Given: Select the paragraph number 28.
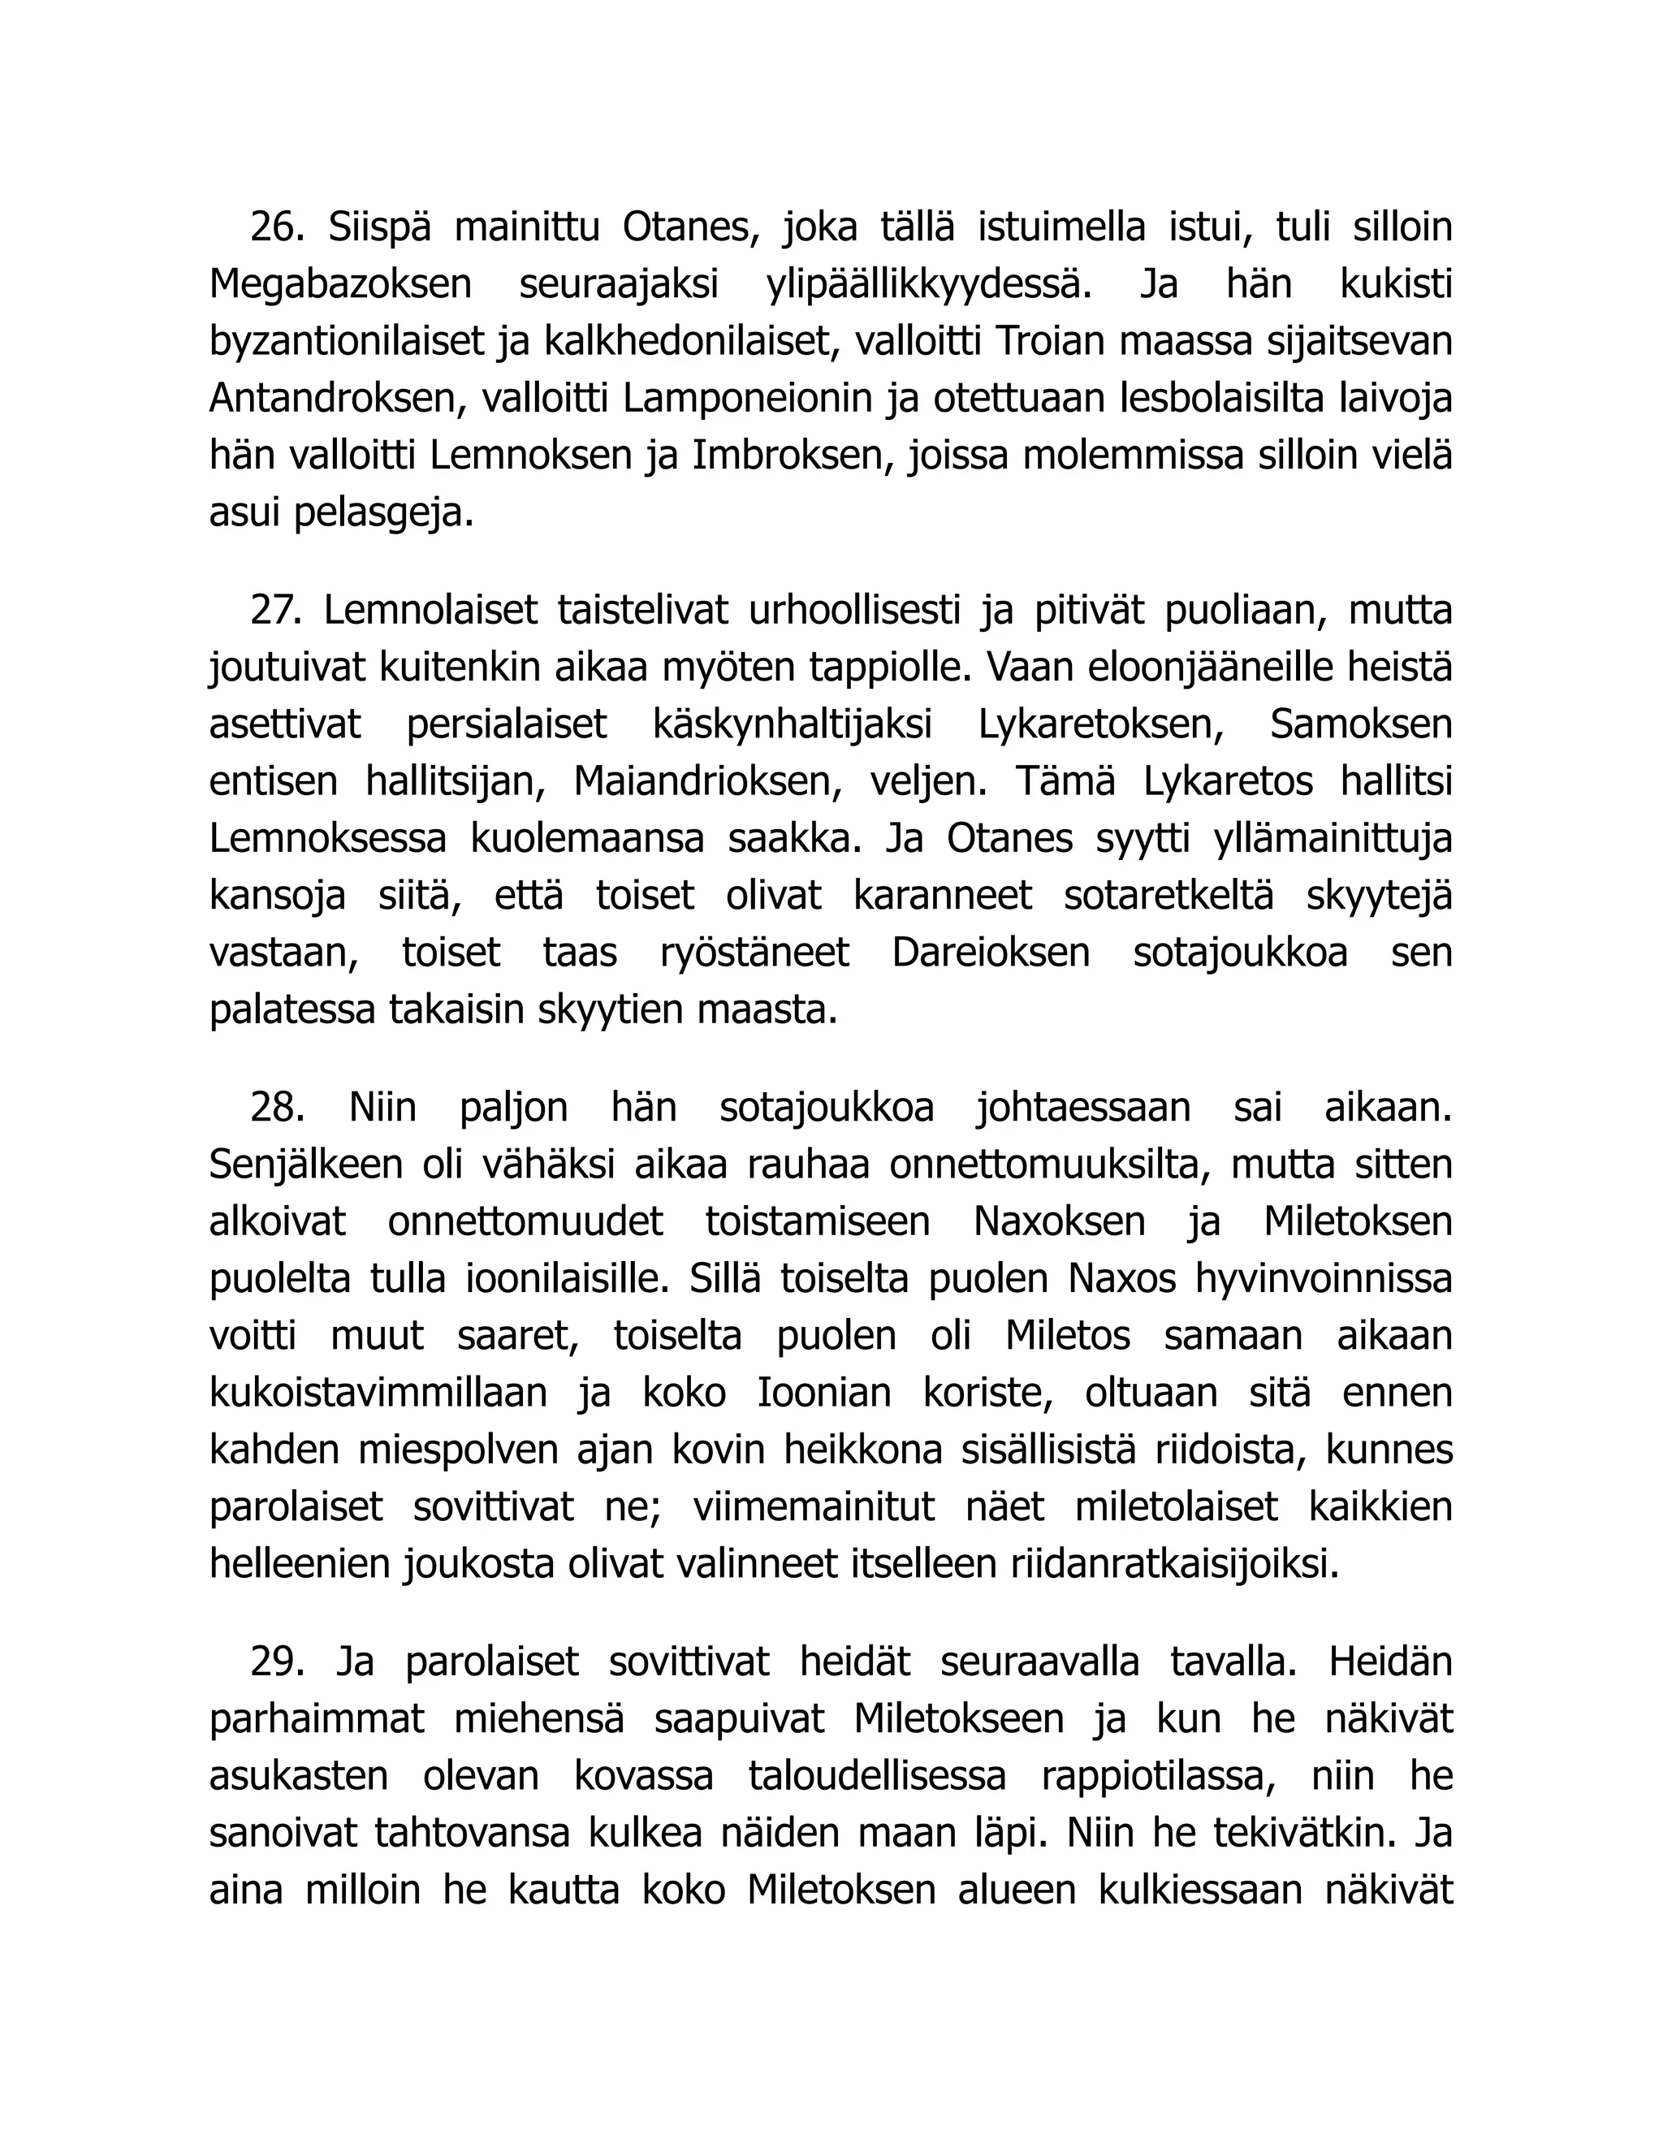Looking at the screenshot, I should (277, 1108).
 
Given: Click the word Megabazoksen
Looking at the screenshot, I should (341, 285).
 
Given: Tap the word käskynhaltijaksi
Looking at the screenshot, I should (792, 725).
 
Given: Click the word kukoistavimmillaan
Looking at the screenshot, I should (378, 1394).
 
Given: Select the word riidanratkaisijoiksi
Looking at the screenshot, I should (1175, 1565).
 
